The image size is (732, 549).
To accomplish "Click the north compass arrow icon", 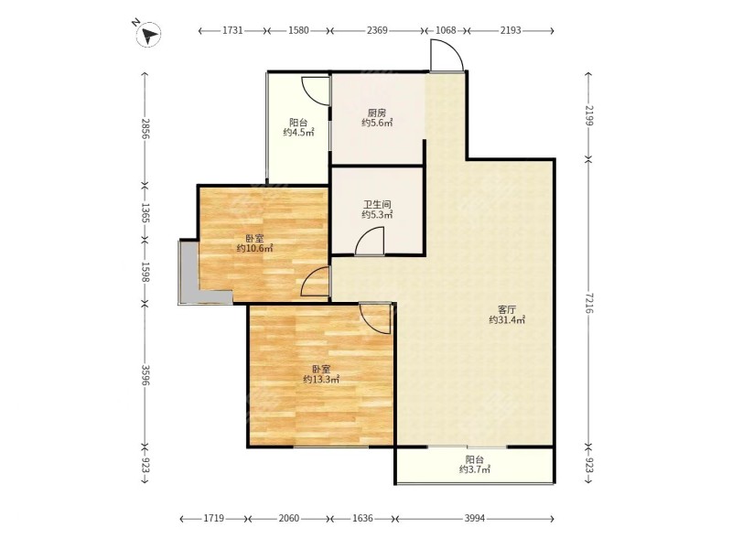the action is click(x=148, y=34).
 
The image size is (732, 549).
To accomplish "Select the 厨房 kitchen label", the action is click(x=377, y=113).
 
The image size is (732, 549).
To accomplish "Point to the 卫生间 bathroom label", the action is click(x=377, y=204).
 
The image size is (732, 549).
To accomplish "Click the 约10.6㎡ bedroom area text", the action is click(x=255, y=248).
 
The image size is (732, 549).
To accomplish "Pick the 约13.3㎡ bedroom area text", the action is click(x=321, y=380).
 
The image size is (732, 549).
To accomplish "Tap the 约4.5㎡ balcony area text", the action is click(x=298, y=133).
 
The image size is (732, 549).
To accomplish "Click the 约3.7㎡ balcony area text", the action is click(x=474, y=469).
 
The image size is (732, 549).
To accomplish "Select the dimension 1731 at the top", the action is click(x=232, y=30).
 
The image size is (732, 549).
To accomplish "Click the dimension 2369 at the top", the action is click(x=377, y=30).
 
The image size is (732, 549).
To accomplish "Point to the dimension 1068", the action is click(x=446, y=30).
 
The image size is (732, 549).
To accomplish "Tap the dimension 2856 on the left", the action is click(x=145, y=129).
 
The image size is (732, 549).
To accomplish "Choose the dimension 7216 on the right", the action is click(x=588, y=304).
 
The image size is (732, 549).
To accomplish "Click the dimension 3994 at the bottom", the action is click(x=475, y=518).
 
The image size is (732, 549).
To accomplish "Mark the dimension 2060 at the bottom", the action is click(x=288, y=518).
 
